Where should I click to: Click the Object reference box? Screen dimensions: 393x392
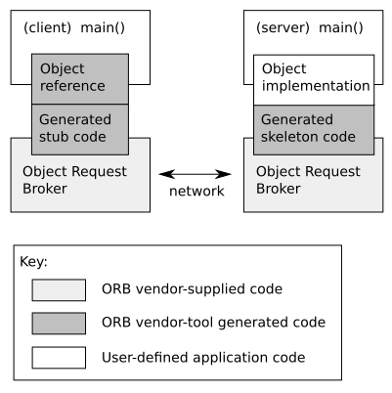point(80,78)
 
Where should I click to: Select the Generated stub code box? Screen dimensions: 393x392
point(80,128)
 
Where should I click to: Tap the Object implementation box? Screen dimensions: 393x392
point(313,78)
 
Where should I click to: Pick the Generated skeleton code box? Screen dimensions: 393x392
point(313,128)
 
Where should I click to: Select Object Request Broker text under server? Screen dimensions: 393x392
point(300,179)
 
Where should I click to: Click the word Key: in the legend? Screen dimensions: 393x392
point(33,262)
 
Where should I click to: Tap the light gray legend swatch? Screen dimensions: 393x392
point(58,289)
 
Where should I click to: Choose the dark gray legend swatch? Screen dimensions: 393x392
point(58,323)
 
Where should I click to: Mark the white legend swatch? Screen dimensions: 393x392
point(58,357)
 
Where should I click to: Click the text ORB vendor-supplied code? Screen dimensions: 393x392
point(192,289)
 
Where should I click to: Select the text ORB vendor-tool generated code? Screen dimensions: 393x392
point(213,323)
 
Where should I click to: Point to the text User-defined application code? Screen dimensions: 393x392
point(203,357)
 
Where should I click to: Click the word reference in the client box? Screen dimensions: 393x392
point(71,86)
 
